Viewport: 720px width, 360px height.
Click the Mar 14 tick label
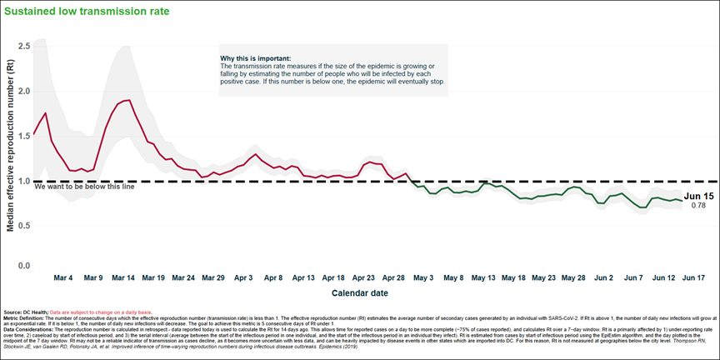[x=123, y=277]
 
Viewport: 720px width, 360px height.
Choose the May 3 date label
[x=422, y=277]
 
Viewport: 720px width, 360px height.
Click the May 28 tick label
[x=572, y=277]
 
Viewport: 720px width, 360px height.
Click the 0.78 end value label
[x=698, y=205]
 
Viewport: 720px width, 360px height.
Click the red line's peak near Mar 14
[x=127, y=100]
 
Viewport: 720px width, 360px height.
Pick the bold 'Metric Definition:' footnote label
[x=23, y=317]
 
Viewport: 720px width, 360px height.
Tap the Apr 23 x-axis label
[x=363, y=277]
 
